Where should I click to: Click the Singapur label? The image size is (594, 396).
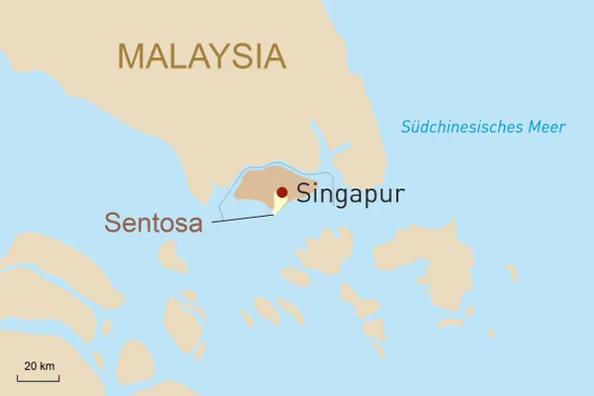(349, 193)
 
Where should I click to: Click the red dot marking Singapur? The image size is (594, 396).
(282, 193)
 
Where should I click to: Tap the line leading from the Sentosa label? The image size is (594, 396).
(243, 219)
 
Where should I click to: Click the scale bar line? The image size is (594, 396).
(38, 377)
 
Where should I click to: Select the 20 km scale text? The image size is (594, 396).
(39, 366)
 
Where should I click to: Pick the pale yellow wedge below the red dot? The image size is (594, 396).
(278, 204)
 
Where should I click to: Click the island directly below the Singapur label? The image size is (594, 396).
(327, 247)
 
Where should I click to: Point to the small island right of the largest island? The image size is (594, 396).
(511, 271)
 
